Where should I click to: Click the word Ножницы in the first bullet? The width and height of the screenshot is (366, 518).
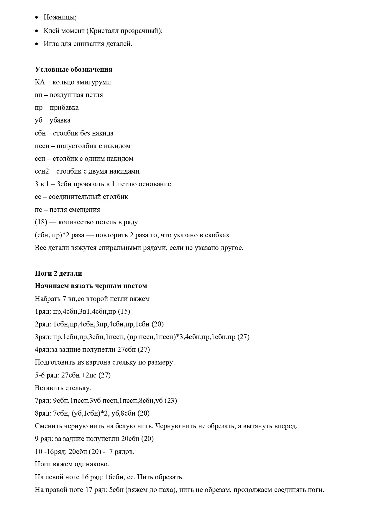point(60,17)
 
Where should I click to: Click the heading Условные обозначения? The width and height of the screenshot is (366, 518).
point(73,69)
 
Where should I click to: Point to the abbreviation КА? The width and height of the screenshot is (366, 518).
point(40,82)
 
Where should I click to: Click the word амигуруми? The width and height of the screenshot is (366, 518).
point(94,82)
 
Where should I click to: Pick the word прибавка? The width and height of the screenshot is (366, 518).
point(64,107)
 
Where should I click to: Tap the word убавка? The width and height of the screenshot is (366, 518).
point(60,120)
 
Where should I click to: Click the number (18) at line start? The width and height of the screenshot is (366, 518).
point(41,222)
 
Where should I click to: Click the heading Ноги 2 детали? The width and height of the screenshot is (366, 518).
point(58,273)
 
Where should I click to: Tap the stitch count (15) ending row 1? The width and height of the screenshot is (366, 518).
point(124,311)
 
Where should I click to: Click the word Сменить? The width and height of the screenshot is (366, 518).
point(47,426)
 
